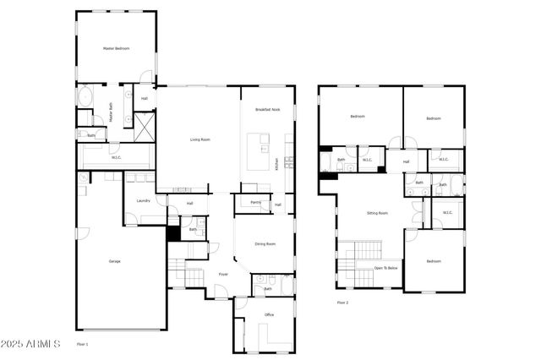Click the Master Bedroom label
[x=116, y=49]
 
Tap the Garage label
[x=114, y=261]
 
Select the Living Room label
[x=199, y=139]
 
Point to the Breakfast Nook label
[x=267, y=111]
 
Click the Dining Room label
[x=265, y=244]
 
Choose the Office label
[x=269, y=314]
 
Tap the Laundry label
[x=144, y=200]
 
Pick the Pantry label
[x=255, y=203]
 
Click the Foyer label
[x=223, y=275]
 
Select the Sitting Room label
[x=377, y=213]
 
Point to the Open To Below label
[x=385, y=268]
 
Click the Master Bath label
[x=110, y=112]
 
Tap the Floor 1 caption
[x=82, y=344]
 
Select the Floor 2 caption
[x=342, y=302]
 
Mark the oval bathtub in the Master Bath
[x=86, y=99]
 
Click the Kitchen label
[x=276, y=166]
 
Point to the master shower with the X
[x=144, y=127]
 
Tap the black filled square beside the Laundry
[x=173, y=234]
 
